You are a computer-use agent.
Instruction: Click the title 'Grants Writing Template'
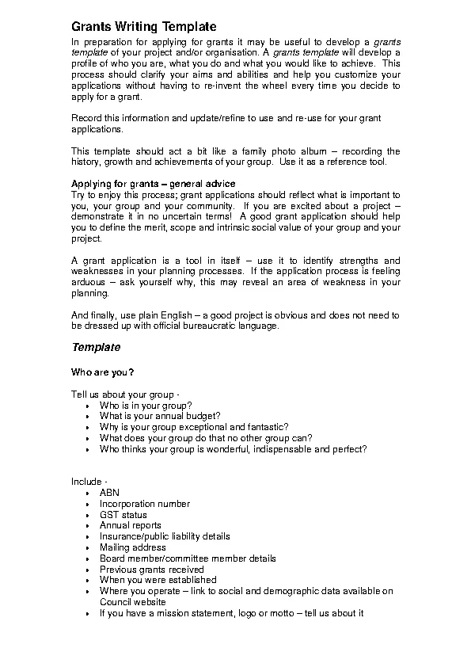click(143, 27)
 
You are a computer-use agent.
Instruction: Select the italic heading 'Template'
click(96, 347)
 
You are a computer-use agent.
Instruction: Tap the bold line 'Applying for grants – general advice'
click(154, 184)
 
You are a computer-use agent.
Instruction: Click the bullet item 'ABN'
click(109, 493)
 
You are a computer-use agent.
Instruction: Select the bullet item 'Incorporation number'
click(144, 504)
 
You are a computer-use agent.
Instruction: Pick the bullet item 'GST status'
click(123, 515)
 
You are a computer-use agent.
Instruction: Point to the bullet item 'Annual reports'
click(130, 525)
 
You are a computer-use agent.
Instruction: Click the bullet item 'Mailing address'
click(132, 547)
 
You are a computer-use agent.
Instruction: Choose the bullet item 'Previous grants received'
click(151, 570)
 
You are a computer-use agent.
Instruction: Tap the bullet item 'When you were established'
click(153, 580)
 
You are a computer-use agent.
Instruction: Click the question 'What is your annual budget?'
click(159, 416)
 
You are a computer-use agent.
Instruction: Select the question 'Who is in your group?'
click(146, 405)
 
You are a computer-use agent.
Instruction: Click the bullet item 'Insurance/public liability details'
click(165, 536)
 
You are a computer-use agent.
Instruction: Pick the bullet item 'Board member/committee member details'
click(188, 558)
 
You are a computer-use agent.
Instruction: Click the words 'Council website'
click(132, 602)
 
